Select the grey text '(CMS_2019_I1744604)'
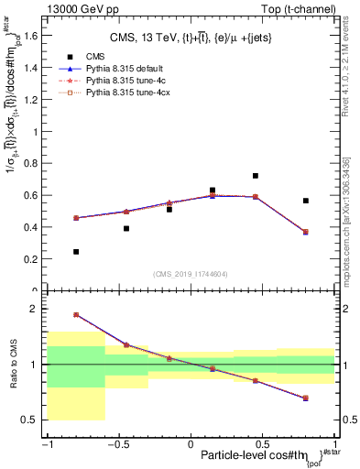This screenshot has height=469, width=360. pyautogui.click(x=190, y=274)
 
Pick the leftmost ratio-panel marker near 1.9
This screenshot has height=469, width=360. pyautogui.click(x=76, y=314)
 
